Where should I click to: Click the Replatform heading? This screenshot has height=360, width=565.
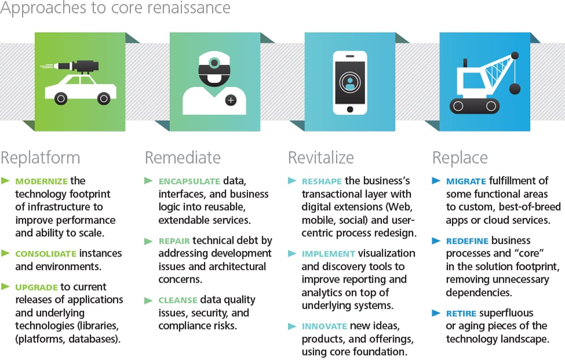click(40, 158)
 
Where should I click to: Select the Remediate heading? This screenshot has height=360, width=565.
click(182, 158)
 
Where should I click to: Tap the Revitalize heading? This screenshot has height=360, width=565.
click(321, 158)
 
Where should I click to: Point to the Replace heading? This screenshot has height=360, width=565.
click(460, 158)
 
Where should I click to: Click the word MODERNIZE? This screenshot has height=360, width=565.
click(41, 181)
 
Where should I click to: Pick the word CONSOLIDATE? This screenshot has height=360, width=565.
click(46, 254)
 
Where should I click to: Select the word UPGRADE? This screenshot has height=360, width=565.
click(36, 287)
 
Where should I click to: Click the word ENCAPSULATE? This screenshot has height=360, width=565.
click(189, 181)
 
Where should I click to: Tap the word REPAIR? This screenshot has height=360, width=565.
click(174, 241)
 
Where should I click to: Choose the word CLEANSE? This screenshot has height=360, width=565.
click(177, 300)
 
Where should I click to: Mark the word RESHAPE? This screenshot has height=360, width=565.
click(322, 181)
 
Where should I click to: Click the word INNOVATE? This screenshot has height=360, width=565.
click(324, 327)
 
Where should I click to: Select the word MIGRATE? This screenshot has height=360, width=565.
click(466, 181)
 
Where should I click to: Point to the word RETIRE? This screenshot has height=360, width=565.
click(461, 314)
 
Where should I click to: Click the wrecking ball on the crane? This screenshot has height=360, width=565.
click(515, 89)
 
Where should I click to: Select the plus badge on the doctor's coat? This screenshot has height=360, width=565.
click(231, 100)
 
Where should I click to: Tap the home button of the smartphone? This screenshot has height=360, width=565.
click(350, 109)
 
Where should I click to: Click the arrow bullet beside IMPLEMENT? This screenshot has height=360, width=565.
click(292, 254)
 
